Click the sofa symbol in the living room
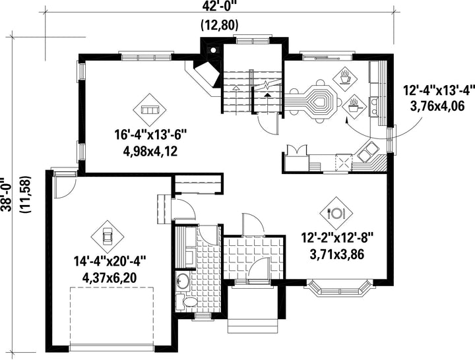(x=150, y=109)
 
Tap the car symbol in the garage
(x=108, y=236)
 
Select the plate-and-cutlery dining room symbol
(x=336, y=214)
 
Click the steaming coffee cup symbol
(x=345, y=78)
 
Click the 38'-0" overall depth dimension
(x=6, y=195)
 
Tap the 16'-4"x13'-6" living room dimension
(x=150, y=135)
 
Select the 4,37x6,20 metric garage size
(x=109, y=278)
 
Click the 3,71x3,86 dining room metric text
(x=337, y=255)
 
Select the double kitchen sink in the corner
(x=368, y=152)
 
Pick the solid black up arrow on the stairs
(x=267, y=94)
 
